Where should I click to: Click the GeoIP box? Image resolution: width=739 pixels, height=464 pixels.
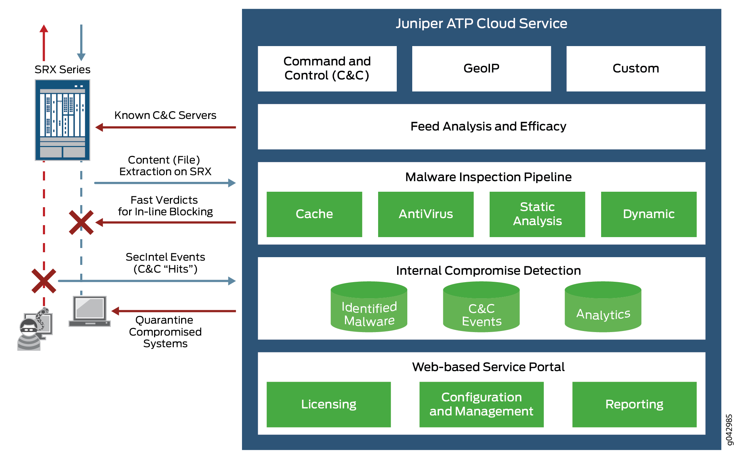click(x=481, y=69)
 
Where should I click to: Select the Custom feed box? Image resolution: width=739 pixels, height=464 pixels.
click(x=636, y=69)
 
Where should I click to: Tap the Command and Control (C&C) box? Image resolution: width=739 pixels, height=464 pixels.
click(x=327, y=69)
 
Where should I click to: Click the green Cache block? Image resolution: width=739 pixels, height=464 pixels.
click(x=314, y=214)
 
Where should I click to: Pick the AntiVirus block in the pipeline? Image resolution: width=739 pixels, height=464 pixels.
click(x=426, y=214)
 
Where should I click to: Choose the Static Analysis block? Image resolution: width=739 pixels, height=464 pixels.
click(x=537, y=214)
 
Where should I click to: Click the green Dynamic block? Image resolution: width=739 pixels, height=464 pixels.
click(x=649, y=214)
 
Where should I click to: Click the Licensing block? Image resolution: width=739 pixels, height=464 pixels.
click(x=329, y=405)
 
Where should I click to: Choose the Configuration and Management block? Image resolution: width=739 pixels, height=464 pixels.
click(x=481, y=405)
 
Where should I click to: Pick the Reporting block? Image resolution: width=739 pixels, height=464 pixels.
click(x=634, y=405)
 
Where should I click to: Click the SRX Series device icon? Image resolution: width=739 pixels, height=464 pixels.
click(x=62, y=120)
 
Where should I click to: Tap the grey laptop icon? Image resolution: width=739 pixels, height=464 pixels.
click(x=90, y=311)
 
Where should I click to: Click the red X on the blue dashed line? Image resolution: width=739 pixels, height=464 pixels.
click(x=81, y=222)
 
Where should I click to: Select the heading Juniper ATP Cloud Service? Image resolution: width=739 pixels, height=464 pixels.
click(x=481, y=24)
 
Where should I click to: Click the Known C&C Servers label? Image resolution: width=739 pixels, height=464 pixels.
click(x=165, y=115)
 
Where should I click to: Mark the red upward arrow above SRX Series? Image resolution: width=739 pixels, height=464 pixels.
click(x=44, y=42)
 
